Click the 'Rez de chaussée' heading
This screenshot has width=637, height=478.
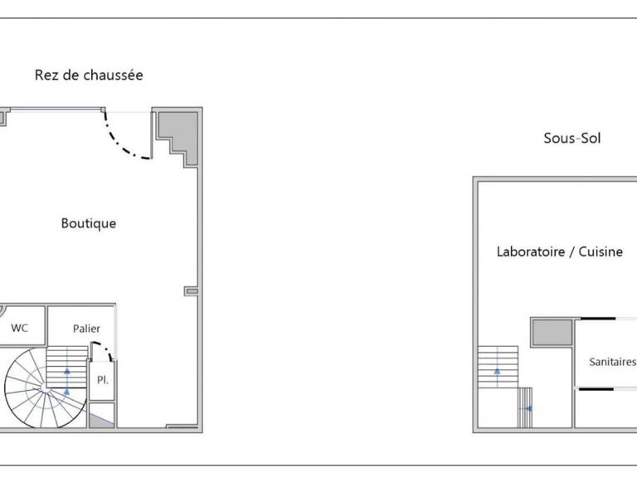89,76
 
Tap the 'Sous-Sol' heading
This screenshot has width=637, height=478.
572,139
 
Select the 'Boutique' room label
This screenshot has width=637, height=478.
89,223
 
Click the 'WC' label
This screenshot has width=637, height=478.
20,328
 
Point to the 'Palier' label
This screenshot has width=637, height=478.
86,329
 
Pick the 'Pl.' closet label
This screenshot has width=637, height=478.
102,380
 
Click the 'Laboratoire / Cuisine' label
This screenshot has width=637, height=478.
559,251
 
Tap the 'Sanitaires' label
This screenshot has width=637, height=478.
612,362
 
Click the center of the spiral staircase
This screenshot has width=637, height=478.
45,388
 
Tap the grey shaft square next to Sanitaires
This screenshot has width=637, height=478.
552,333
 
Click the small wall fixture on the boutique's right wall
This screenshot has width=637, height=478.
192,291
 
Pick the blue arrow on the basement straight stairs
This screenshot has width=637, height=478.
498,371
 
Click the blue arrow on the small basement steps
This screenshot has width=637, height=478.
528,408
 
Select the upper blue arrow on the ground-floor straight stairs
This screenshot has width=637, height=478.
67,371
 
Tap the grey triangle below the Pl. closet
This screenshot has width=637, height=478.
101,420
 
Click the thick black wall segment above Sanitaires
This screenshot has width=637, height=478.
597,319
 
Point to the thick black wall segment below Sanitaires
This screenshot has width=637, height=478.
596,389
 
